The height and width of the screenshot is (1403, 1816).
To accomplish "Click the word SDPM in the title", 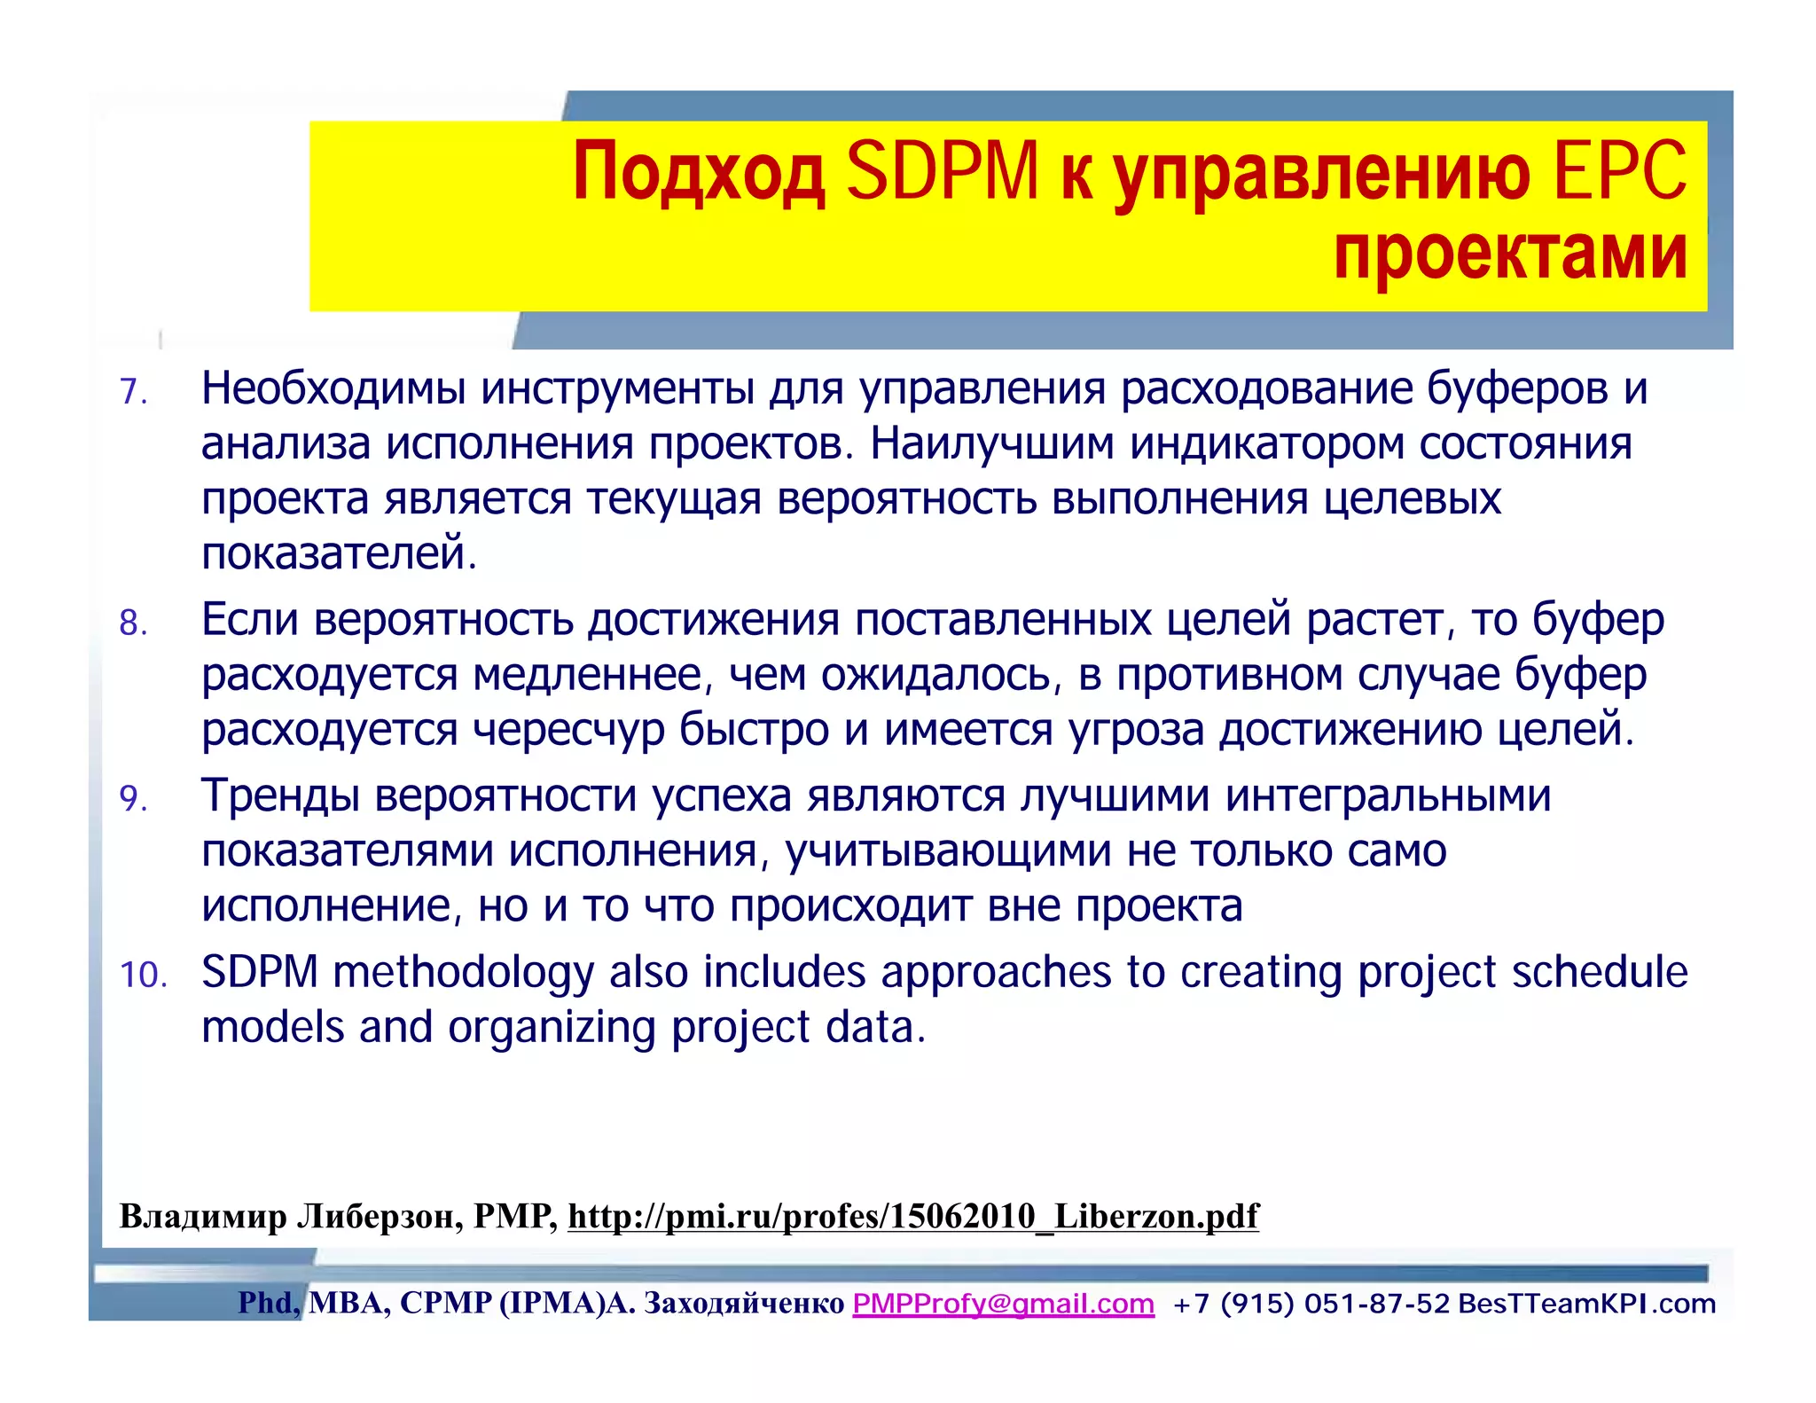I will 942,171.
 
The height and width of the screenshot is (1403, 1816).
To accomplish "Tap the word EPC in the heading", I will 1620,171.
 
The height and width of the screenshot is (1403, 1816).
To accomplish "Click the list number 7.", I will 133,392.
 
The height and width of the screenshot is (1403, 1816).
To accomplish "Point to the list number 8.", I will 133,623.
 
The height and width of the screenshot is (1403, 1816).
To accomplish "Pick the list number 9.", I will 133,799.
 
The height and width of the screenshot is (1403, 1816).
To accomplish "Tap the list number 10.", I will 144,975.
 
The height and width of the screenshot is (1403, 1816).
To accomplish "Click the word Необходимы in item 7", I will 333,389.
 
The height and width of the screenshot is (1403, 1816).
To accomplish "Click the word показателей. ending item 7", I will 340,554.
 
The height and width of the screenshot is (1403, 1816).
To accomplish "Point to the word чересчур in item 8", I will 568,731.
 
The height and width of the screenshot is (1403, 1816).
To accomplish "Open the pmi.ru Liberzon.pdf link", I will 912,1216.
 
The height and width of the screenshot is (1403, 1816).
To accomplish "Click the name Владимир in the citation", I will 203,1216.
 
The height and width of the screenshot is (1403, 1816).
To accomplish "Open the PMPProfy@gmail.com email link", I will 1003,1304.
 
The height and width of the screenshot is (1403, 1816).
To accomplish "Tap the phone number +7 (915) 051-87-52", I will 1311,1304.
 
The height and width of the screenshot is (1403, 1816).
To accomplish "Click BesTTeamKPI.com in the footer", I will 1587,1304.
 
